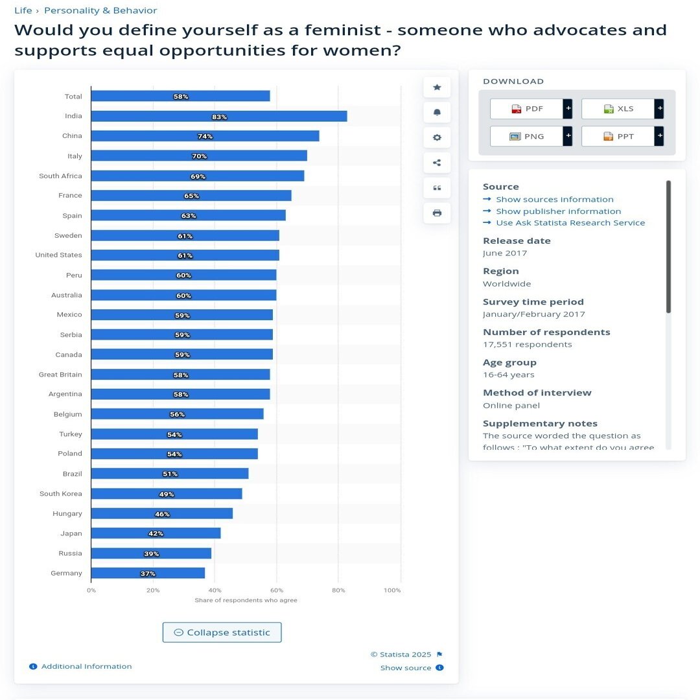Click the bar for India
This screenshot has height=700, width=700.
(x=219, y=117)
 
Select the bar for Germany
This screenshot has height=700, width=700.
(x=148, y=574)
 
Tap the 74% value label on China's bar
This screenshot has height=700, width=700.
(x=205, y=137)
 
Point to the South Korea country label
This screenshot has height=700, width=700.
(x=61, y=494)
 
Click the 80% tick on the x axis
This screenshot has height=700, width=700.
(x=338, y=590)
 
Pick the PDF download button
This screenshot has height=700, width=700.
(x=526, y=109)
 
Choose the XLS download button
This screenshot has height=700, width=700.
(x=618, y=109)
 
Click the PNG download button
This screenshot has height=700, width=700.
(x=526, y=137)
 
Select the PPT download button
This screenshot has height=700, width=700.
(x=618, y=137)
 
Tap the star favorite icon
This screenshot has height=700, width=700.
(x=437, y=87)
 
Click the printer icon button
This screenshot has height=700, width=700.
(x=437, y=213)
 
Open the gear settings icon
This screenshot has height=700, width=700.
(x=437, y=137)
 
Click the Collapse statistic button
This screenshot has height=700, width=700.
(x=222, y=633)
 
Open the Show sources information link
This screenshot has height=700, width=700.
(x=554, y=200)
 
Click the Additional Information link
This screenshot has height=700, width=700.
(x=86, y=666)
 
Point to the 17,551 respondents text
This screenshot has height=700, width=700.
(x=527, y=345)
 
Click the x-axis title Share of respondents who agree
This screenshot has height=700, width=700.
(x=246, y=601)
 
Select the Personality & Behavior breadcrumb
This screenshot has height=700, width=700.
(x=100, y=10)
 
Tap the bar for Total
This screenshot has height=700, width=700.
(x=180, y=97)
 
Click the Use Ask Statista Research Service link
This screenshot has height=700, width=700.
(x=570, y=223)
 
